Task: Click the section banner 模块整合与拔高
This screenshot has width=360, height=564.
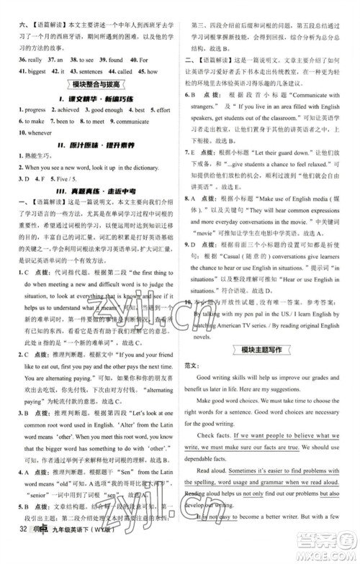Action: point(89,86)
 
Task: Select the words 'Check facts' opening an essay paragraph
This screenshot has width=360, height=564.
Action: point(222,435)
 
